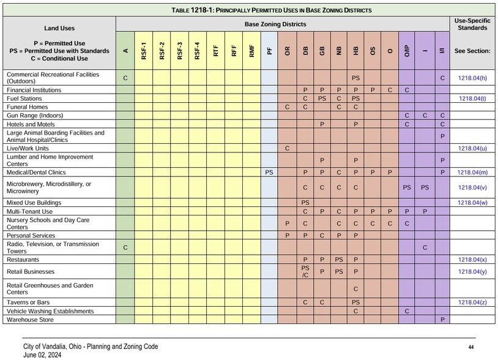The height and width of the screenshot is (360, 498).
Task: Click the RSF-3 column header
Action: click(x=179, y=51)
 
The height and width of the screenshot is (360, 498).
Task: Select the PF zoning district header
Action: click(x=269, y=51)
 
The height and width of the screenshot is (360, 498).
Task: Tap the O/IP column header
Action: click(x=407, y=51)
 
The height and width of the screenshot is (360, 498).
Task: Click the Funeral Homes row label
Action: click(x=27, y=107)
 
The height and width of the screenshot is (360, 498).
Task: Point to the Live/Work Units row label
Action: click(x=29, y=148)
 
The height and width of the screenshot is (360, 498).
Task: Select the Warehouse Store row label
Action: click(x=30, y=320)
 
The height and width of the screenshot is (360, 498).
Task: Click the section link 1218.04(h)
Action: click(x=472, y=78)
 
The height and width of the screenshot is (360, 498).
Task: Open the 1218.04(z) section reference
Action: click(x=472, y=302)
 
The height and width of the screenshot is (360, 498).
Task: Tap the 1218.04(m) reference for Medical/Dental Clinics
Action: click(x=472, y=173)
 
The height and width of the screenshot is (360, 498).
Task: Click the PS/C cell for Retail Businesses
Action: click(x=305, y=271)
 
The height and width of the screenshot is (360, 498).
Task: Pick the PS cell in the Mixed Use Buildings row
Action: click(x=305, y=203)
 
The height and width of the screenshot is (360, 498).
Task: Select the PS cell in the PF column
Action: click(x=269, y=173)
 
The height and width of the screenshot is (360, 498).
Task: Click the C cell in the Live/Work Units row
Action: click(x=287, y=148)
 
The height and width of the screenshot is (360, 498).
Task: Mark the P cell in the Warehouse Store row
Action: click(x=442, y=320)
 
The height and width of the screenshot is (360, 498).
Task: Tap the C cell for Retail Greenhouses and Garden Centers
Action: click(x=355, y=288)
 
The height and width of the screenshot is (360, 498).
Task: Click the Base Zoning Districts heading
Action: click(x=283, y=24)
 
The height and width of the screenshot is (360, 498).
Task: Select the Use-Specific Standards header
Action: click(x=472, y=24)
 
